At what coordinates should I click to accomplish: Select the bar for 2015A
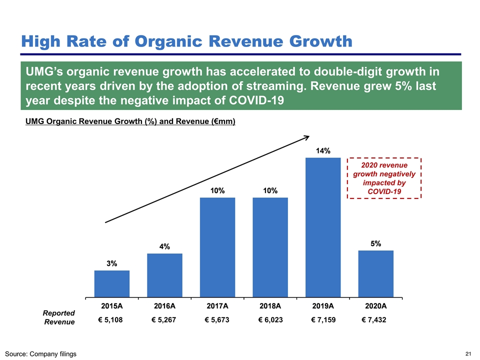[112, 283]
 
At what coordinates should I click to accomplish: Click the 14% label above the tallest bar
[322, 150]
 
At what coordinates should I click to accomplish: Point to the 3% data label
[111, 263]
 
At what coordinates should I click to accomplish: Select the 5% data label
[376, 243]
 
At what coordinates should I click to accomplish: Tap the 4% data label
[164, 246]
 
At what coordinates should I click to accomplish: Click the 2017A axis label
[217, 306]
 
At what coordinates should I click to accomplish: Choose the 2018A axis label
[270, 306]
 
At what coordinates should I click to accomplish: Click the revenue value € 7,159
[322, 320]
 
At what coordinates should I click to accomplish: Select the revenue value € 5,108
[111, 320]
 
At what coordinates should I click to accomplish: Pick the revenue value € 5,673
[217, 320]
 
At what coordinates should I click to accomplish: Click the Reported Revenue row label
[59, 317]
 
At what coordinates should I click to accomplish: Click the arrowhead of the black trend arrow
[307, 137]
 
